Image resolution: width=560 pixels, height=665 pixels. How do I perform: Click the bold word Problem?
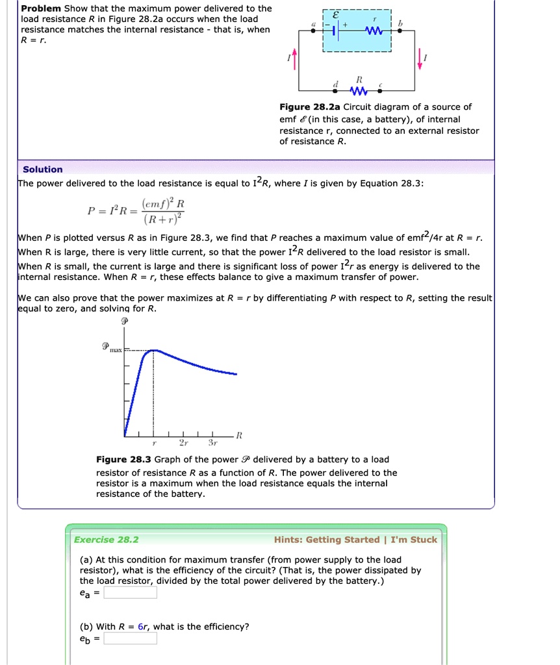click(x=41, y=8)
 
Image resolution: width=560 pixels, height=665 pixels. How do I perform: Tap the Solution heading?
click(x=43, y=169)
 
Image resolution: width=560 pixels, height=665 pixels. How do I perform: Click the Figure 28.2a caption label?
click(x=310, y=107)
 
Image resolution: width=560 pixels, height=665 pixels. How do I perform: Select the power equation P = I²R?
click(x=136, y=212)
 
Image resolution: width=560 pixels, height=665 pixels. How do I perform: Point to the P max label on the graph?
click(x=112, y=348)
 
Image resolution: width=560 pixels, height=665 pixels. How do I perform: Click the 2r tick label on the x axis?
click(x=183, y=444)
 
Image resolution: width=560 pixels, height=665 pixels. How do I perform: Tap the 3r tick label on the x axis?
click(x=212, y=444)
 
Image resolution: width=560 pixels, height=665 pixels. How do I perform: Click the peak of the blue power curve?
click(x=154, y=350)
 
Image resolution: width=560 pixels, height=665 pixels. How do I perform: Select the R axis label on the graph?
click(x=239, y=434)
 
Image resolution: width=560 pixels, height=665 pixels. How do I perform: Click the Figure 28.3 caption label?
click(x=123, y=460)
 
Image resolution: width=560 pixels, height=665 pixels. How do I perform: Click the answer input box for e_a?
click(x=130, y=592)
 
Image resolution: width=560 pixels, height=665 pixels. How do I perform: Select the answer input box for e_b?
click(x=130, y=638)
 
